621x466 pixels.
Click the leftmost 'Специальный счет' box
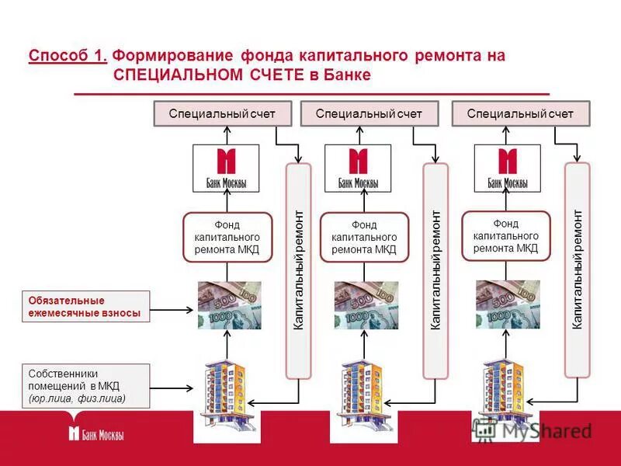pos(222,114)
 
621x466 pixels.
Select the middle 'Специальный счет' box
pos(369,114)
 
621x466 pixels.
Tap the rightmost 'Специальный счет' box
pos(521,114)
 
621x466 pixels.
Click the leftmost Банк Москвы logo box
pos(225,169)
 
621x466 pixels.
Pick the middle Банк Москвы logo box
pos(358,169)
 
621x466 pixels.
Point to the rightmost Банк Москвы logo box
pos(507,169)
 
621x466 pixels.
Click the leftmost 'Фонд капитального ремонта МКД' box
pos(227,238)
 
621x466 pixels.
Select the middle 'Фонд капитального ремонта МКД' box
pos(364,238)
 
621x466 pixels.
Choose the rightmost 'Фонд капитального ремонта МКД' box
pos(505,236)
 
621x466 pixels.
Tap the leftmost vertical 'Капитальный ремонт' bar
pos(299,270)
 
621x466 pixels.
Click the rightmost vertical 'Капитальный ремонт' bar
pos(577,270)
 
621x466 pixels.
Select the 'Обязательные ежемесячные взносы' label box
pos(85,307)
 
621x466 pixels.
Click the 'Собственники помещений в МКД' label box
pos(85,385)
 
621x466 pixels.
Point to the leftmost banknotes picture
pos(228,305)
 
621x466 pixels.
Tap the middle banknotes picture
pos(366,305)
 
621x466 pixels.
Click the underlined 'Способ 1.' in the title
pos(68,57)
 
